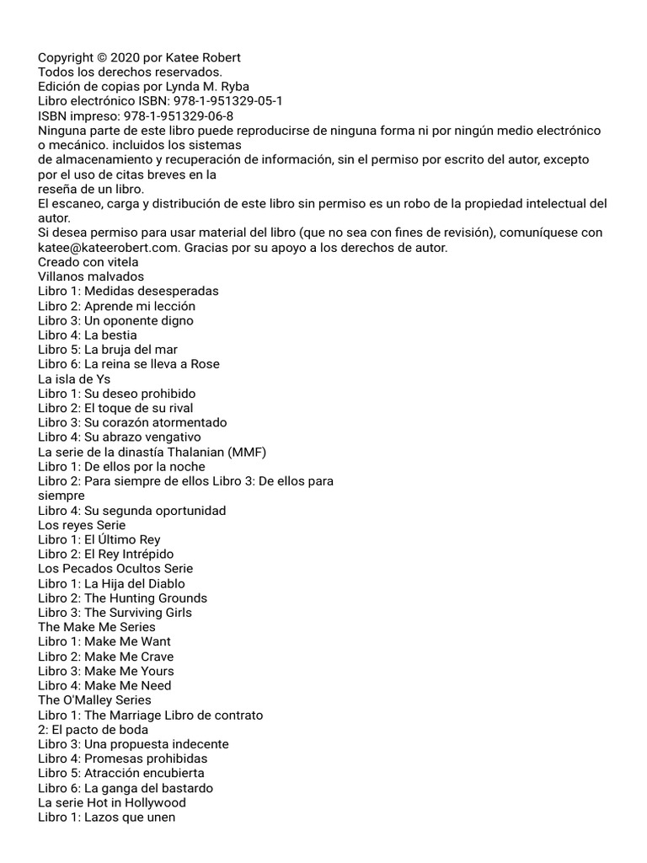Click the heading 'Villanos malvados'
click(x=91, y=276)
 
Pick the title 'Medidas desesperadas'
click(x=151, y=291)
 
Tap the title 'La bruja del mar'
click(x=131, y=350)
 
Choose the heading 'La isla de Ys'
click(x=74, y=379)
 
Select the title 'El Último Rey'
click(x=122, y=539)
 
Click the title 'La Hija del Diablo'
click(x=135, y=583)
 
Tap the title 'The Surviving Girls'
click(x=138, y=613)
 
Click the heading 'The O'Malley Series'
click(x=94, y=700)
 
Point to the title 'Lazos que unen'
click(x=130, y=817)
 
